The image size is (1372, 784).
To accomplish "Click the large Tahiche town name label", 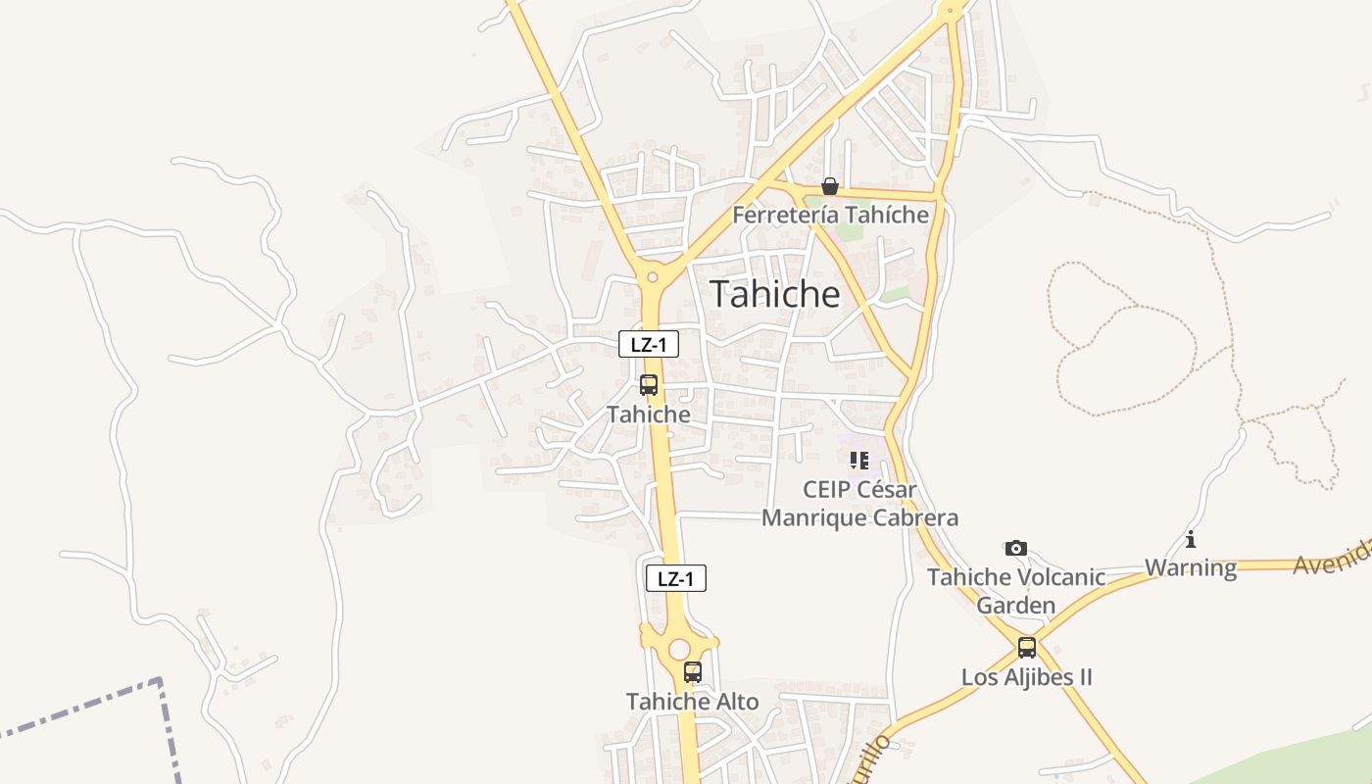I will (774, 294).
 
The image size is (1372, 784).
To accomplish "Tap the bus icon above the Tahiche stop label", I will (648, 385).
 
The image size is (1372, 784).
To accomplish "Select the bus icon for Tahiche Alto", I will (693, 672).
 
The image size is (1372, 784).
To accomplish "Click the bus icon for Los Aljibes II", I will (1027, 648).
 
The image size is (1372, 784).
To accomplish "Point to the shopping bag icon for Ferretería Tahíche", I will (830, 186).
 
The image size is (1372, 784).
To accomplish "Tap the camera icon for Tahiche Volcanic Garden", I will (1016, 548).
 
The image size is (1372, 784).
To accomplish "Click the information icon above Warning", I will (1191, 539).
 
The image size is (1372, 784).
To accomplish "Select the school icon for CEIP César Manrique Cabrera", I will (859, 460).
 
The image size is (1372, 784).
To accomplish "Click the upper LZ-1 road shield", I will (649, 344).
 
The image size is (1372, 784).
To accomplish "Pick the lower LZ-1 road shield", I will (675, 578).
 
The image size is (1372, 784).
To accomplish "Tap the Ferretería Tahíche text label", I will (830, 215).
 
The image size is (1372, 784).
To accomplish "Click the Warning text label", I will (1191, 567).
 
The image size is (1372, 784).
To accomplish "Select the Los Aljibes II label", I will (1026, 677).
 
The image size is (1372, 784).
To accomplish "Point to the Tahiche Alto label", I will (692, 702).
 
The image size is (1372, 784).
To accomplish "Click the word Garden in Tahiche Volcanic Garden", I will (1016, 605).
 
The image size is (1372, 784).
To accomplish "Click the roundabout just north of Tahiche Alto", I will (679, 649).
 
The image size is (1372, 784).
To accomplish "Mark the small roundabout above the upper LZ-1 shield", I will (652, 277).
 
